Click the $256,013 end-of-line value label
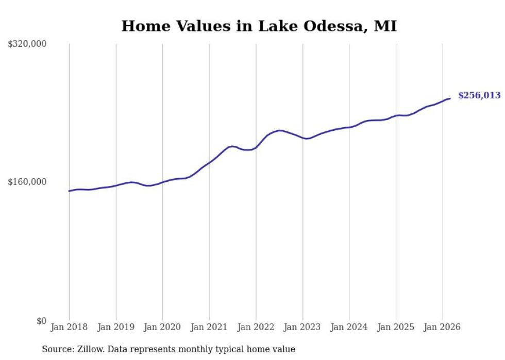click(x=479, y=95)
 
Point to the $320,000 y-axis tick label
click(x=27, y=44)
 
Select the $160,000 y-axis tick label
click(x=27, y=182)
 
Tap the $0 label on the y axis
click(x=42, y=321)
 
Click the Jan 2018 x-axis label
click(x=69, y=327)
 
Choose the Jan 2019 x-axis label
click(x=116, y=327)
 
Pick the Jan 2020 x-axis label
click(x=162, y=327)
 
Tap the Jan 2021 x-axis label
click(x=209, y=327)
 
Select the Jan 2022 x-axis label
click(x=256, y=327)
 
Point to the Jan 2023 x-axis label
click(x=302, y=327)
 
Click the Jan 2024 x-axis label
click(x=349, y=327)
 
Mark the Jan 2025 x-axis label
click(x=396, y=327)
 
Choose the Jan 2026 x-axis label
click(x=442, y=327)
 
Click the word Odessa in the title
click(x=336, y=26)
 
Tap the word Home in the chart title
click(x=141, y=26)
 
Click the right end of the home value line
click(x=450, y=98)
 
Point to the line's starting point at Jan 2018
click(x=69, y=191)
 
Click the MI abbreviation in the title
click(x=385, y=26)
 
